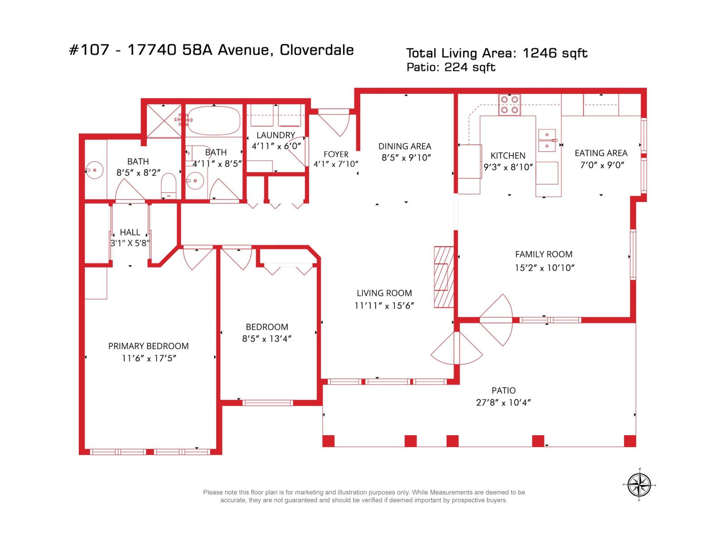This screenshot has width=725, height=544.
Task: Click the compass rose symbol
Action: click(640, 485)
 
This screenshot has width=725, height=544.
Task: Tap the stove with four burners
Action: click(509, 105)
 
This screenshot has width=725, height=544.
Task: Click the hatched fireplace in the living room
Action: click(444, 277)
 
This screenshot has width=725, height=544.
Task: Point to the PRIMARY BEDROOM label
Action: click(148, 346)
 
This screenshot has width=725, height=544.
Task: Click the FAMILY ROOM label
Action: click(544, 254)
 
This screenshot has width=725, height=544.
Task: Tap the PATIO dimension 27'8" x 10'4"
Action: click(503, 402)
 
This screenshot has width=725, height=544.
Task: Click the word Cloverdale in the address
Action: click(316, 50)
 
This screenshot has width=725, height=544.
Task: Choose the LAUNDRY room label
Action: click(276, 135)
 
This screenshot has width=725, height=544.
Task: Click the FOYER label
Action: click(336, 154)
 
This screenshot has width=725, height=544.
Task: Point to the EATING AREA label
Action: click(601, 153)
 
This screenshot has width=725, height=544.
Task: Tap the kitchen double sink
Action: click(547, 140)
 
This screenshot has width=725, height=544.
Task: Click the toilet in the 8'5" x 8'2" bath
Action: click(169, 185)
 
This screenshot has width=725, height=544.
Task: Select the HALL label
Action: click(130, 232)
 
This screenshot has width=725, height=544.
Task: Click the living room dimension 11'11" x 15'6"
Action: click(384, 306)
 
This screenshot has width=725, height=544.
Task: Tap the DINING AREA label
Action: click(405, 146)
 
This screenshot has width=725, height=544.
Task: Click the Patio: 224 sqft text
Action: click(451, 67)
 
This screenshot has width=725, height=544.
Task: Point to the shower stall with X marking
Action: click(164, 121)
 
